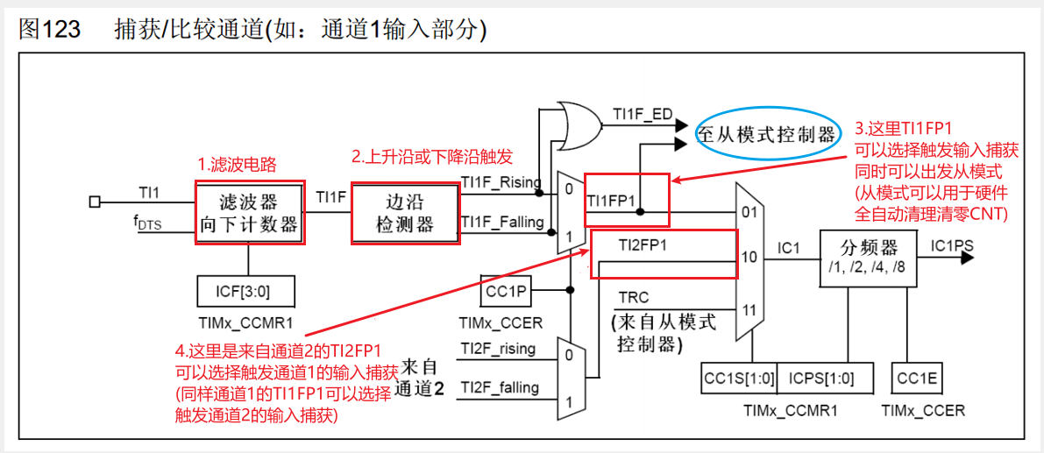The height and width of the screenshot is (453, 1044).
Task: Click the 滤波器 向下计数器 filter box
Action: click(x=250, y=213)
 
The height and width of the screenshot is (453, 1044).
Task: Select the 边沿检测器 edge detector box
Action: click(x=406, y=213)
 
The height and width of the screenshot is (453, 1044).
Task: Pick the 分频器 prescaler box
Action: click(x=869, y=258)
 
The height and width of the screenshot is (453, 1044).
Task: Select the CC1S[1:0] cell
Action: click(x=740, y=379)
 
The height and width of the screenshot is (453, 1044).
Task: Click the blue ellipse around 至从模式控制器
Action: click(x=766, y=135)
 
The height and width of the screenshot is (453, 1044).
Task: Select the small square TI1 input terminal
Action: click(x=95, y=202)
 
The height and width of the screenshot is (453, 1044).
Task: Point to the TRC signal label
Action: click(x=634, y=297)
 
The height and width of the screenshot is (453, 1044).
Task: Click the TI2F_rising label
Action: click(x=498, y=349)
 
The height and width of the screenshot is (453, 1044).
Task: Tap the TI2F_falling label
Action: click(x=500, y=387)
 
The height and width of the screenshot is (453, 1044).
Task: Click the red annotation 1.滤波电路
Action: click(x=236, y=165)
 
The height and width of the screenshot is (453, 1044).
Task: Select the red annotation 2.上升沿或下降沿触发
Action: click(x=432, y=157)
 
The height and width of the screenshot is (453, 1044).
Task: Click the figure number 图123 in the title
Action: click(x=49, y=29)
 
